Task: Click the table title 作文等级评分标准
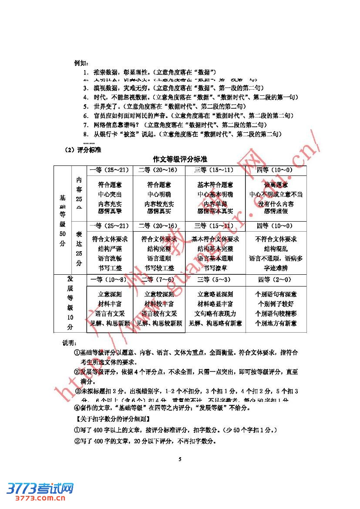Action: click(x=180, y=159)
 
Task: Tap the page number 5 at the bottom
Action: click(x=180, y=459)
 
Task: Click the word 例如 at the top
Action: click(x=81, y=63)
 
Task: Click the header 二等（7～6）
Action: click(x=159, y=280)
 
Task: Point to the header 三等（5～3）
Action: click(x=214, y=280)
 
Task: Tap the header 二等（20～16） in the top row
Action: click(x=159, y=169)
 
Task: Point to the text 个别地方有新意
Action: click(x=276, y=323)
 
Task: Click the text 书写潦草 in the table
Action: click(x=215, y=268)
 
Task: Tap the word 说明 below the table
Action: click(x=69, y=343)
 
